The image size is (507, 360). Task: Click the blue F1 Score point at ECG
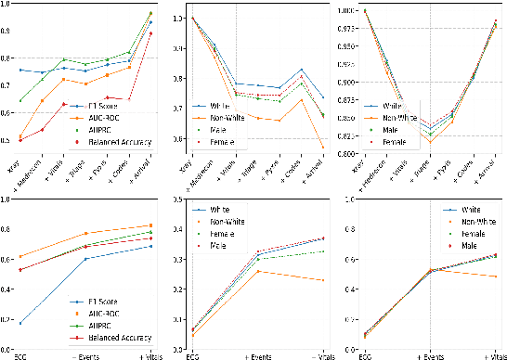pyautogui.click(x=20, y=322)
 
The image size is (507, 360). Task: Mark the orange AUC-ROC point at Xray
pyautogui.click(x=20, y=137)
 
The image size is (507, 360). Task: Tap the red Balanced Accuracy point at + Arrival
pyautogui.click(x=150, y=33)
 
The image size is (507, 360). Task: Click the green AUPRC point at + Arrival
pyautogui.click(x=150, y=13)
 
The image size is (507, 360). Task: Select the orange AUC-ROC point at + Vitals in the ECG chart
pyautogui.click(x=150, y=225)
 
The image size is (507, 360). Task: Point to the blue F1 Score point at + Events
pyautogui.click(x=85, y=258)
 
